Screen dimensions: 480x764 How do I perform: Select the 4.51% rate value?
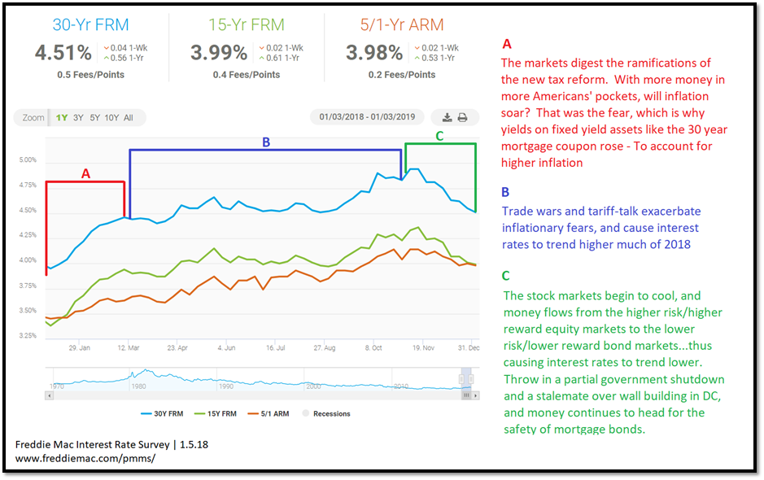pos(63,54)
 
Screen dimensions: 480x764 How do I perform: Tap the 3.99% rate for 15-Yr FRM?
pos(218,54)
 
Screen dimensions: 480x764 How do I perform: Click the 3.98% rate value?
pos(373,54)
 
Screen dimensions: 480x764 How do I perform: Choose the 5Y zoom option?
pos(95,118)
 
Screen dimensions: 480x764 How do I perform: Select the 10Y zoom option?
pos(112,118)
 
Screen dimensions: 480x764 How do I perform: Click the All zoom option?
pos(129,118)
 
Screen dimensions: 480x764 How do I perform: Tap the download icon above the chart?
pos(447,117)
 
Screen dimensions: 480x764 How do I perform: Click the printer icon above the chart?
pos(462,117)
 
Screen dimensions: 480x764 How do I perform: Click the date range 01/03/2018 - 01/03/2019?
pos(367,117)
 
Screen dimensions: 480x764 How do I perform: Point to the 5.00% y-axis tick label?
pos(28,160)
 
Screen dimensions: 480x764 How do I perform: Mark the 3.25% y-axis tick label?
pos(28,336)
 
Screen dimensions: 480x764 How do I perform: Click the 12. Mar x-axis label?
pos(128,347)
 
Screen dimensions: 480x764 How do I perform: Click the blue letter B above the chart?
pos(265,142)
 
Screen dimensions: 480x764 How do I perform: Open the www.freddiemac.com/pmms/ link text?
pos(85,459)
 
